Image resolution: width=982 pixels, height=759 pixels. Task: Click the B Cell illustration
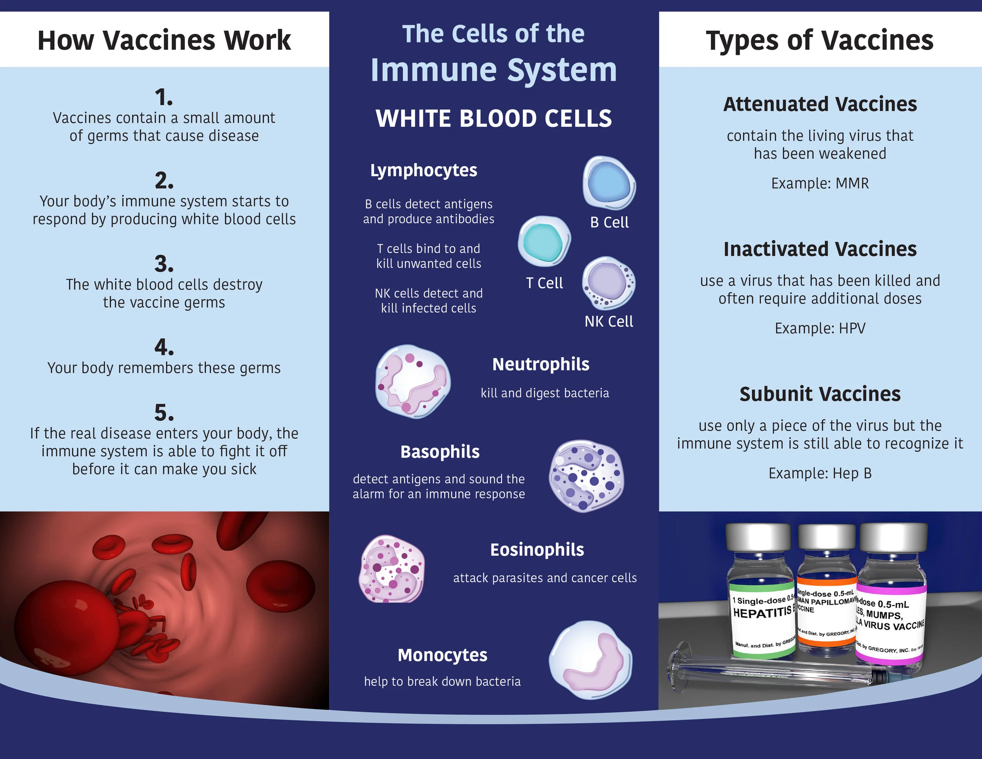[609, 183]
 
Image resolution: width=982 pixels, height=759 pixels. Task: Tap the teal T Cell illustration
[544, 241]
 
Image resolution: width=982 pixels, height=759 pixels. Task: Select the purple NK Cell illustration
[608, 282]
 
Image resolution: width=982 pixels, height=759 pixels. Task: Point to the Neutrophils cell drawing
[413, 381]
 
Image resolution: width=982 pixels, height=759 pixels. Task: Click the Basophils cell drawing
[586, 476]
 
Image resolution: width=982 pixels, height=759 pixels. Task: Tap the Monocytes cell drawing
[590, 660]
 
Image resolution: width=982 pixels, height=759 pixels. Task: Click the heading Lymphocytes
[423, 170]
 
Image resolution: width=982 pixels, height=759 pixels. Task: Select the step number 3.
[164, 264]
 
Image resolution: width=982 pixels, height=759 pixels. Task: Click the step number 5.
[164, 413]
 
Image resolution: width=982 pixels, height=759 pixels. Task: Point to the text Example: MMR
[820, 183]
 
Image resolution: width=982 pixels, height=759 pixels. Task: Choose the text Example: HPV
[820, 328]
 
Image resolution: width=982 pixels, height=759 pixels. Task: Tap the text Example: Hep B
[820, 473]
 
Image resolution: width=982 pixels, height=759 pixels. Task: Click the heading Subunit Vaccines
[820, 394]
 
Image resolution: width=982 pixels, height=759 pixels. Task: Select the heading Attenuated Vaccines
[820, 104]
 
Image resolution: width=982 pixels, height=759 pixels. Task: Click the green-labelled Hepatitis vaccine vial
[761, 598]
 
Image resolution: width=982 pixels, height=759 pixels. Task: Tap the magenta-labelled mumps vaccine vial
[892, 603]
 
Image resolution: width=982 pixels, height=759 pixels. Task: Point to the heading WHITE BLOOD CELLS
[494, 119]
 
